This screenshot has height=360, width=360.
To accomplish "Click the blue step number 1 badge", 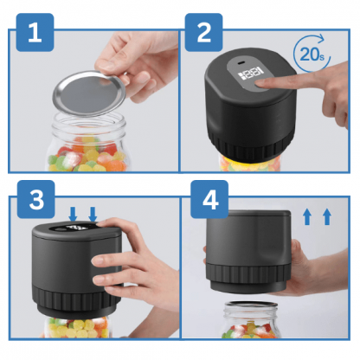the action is [35, 33].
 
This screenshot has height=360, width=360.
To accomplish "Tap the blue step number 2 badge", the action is [203, 33].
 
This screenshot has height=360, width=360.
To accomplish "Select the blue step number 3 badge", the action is [36, 199].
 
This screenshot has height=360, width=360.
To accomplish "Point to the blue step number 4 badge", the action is [209, 199].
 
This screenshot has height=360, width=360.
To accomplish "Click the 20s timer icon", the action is [312, 54].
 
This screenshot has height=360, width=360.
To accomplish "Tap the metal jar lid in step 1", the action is [89, 93].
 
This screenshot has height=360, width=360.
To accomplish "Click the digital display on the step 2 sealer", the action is [250, 73].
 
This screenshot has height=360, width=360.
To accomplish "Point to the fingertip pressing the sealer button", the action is [261, 84].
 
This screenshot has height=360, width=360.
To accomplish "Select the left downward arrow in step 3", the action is [74, 214].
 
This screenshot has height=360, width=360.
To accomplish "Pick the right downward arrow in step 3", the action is [93, 214].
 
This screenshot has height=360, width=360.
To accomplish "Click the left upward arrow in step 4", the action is [307, 217].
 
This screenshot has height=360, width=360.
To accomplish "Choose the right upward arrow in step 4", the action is [327, 217].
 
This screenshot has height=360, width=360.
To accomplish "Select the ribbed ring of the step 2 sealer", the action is [250, 146].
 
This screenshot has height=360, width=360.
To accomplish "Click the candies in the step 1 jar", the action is [87, 156].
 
